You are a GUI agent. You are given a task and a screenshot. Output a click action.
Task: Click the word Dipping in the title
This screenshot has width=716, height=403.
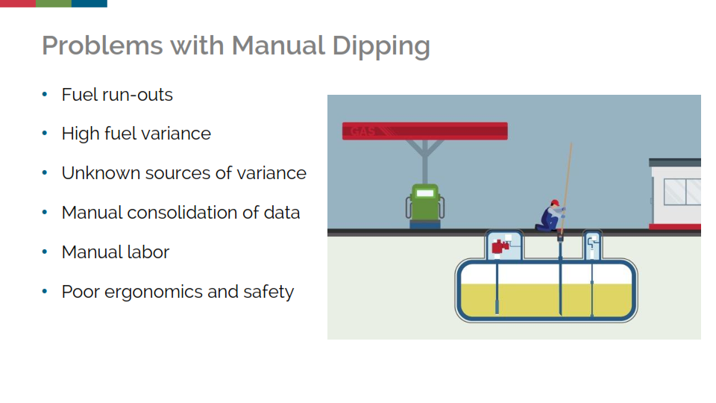tap(381, 46)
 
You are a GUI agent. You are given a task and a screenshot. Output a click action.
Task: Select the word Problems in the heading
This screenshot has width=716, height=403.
tap(102, 46)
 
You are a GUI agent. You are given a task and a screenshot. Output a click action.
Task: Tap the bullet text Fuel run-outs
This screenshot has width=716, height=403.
tap(117, 95)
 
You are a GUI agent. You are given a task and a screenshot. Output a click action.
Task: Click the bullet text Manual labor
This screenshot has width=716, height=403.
tap(115, 252)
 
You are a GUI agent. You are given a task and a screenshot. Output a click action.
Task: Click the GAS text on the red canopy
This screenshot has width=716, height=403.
tap(362, 131)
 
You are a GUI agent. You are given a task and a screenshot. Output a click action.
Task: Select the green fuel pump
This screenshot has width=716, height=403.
tap(425, 206)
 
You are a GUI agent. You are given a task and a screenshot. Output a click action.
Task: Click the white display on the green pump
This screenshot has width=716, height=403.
tap(425, 193)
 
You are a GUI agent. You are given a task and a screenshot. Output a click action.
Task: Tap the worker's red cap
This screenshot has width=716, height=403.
tap(555, 202)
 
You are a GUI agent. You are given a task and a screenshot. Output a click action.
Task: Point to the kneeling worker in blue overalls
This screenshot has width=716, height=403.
tap(550, 216)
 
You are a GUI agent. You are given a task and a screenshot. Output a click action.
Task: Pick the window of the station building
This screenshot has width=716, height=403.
tap(682, 192)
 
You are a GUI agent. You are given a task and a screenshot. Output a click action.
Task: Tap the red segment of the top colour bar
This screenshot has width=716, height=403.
tap(18, 3)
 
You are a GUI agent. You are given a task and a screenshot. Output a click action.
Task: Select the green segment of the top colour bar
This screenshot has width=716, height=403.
tap(54, 3)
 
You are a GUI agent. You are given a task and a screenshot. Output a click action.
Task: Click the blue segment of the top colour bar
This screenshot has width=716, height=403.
tap(89, 3)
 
